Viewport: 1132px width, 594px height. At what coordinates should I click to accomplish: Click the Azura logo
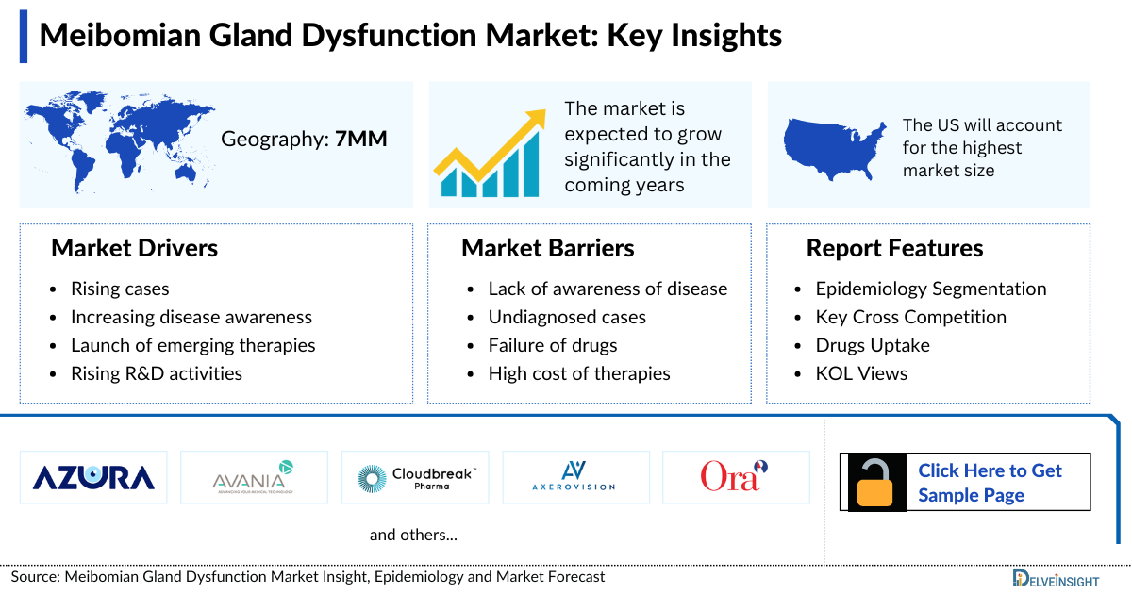click(93, 477)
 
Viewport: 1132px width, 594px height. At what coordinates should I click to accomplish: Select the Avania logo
click(254, 477)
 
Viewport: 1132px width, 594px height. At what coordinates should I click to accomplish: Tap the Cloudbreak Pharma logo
click(415, 477)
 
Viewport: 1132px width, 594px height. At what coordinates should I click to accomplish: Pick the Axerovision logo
click(575, 477)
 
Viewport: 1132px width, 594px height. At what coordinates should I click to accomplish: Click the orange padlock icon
click(878, 483)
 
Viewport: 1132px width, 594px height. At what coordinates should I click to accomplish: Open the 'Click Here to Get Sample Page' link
click(990, 483)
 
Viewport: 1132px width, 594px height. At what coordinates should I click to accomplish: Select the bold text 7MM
click(361, 140)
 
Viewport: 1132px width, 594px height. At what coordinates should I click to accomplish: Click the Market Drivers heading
click(134, 248)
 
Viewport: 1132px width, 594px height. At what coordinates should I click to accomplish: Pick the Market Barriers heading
click(547, 248)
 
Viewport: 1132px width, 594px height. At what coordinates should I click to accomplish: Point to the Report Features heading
click(894, 248)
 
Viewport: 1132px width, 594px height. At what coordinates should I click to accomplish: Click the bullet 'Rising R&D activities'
click(156, 373)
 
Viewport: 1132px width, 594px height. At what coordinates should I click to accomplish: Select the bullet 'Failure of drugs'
click(552, 345)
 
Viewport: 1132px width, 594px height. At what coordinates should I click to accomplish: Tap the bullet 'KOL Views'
click(861, 373)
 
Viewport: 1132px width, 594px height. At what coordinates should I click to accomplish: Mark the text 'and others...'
click(413, 535)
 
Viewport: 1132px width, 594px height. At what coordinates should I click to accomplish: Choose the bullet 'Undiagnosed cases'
click(566, 317)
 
